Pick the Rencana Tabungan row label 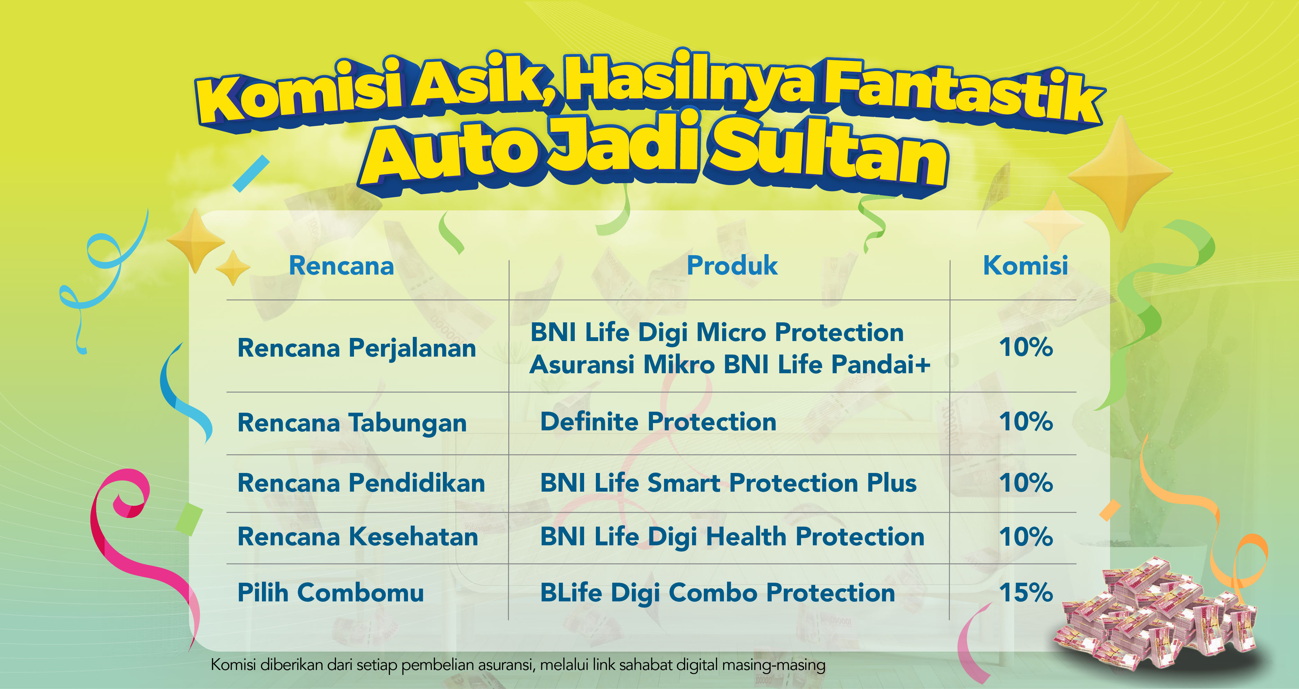[x=352, y=423]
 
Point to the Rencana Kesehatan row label [x=357, y=536]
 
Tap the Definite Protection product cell [x=658, y=422]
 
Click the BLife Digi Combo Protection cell [x=718, y=593]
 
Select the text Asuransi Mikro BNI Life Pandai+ [x=730, y=364]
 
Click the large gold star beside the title [x=1120, y=174]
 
